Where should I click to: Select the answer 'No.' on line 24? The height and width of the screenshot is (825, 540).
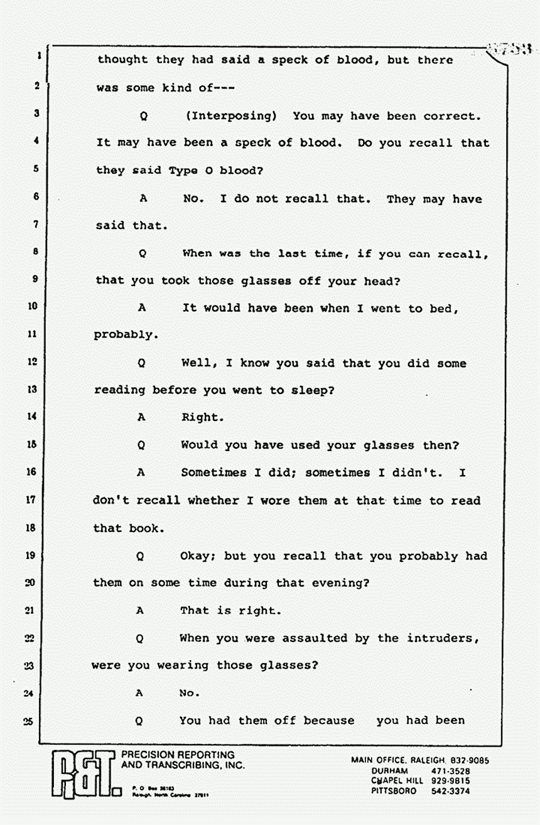click(x=189, y=693)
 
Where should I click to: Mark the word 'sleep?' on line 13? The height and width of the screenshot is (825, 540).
click(x=312, y=390)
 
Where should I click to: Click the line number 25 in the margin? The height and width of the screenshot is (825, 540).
click(x=28, y=721)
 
